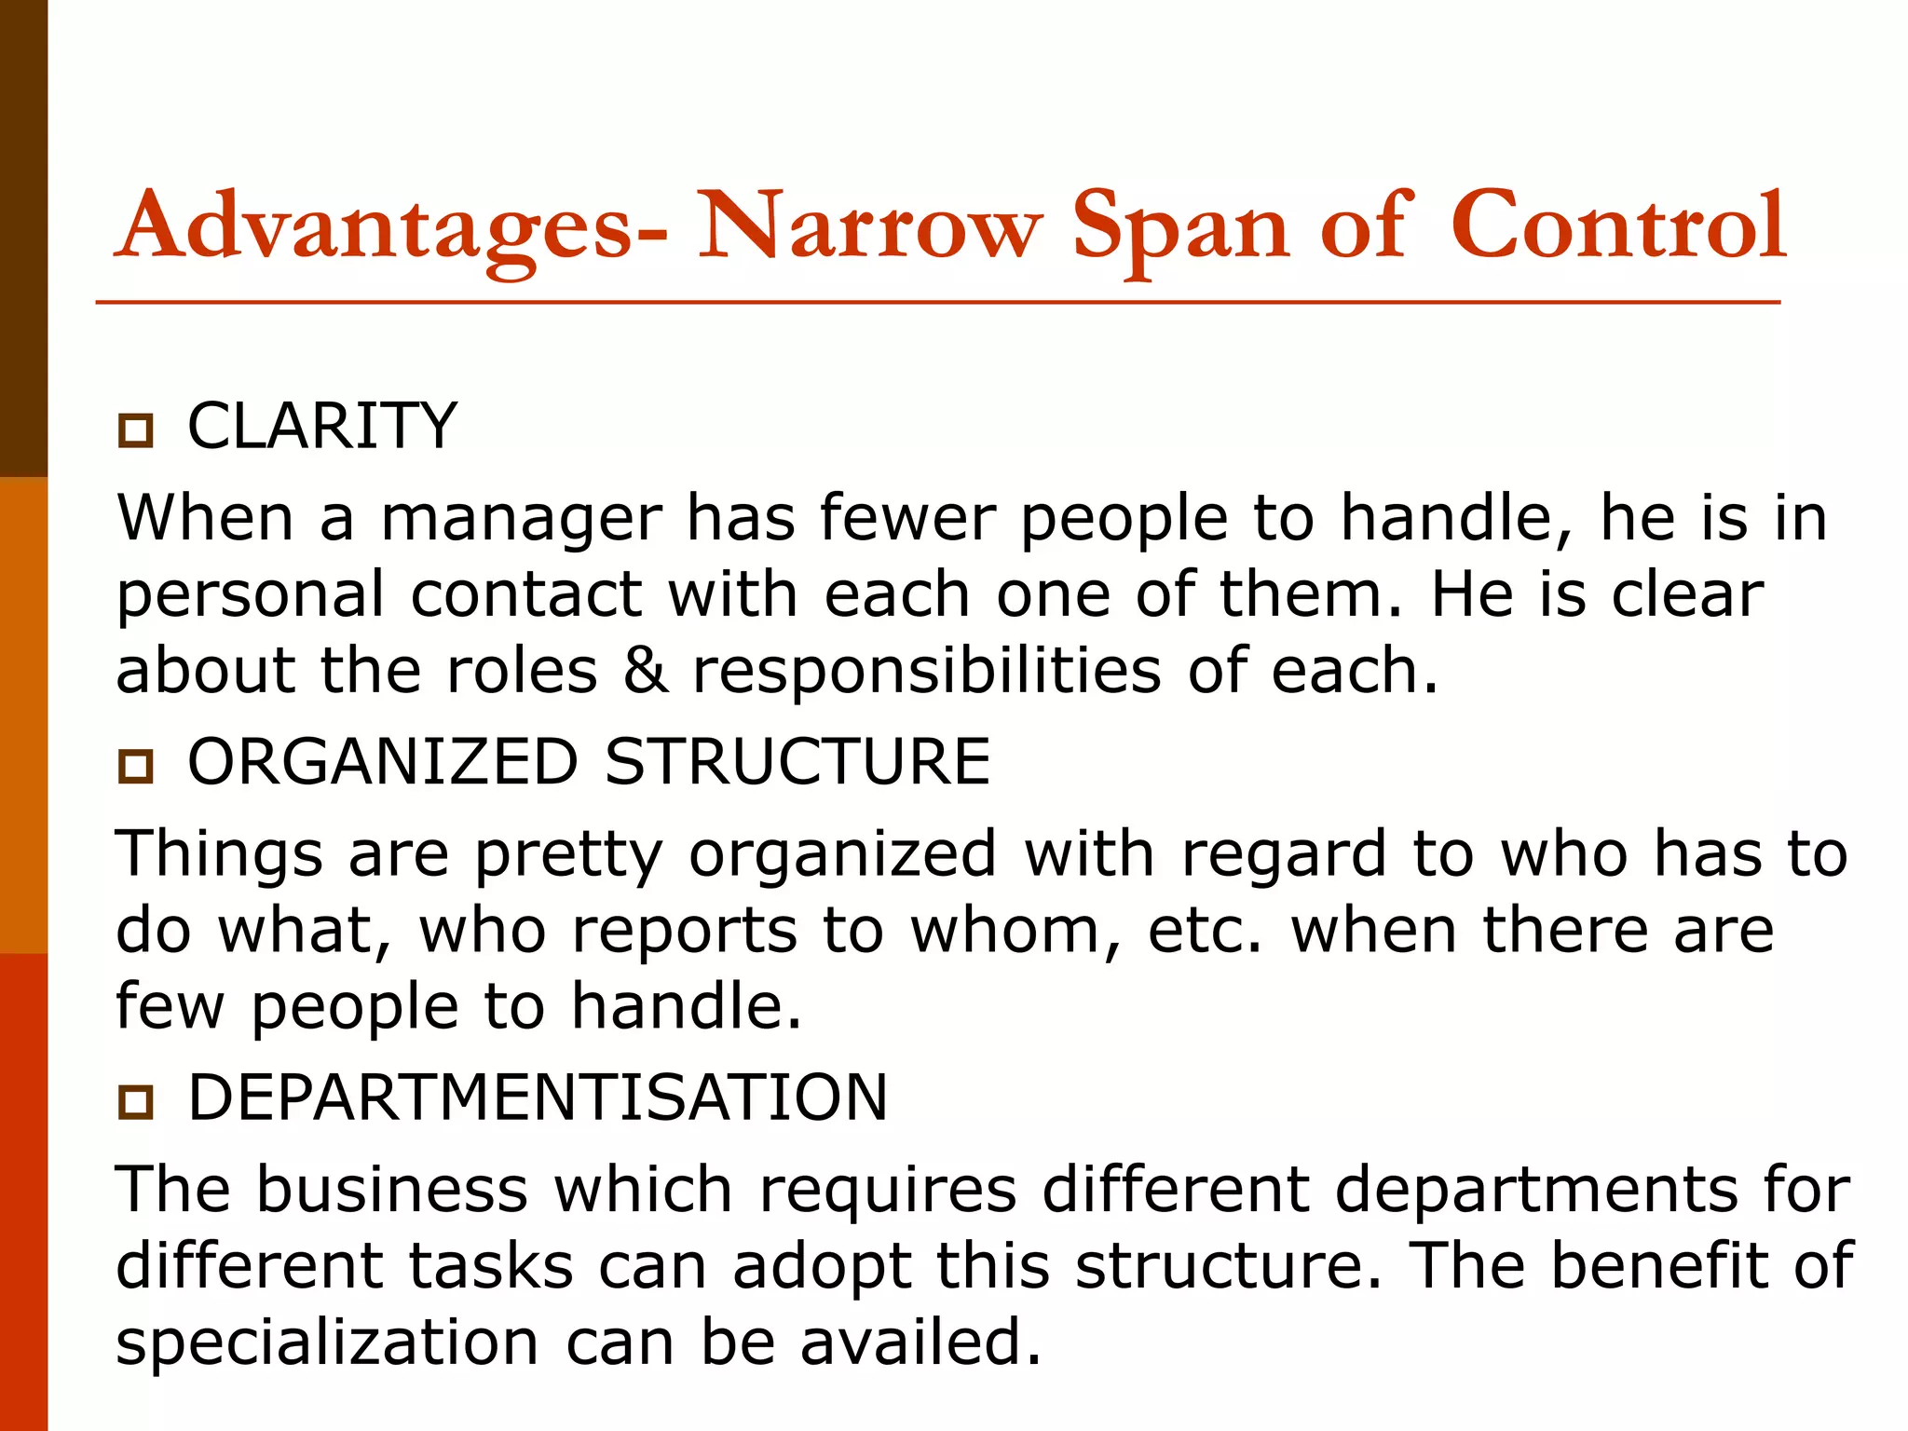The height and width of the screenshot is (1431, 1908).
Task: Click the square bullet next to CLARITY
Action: pyautogui.click(x=135, y=430)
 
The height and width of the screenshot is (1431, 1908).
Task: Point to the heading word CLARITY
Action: pyautogui.click(x=322, y=427)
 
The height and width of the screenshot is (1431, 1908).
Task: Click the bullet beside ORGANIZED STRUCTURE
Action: pyautogui.click(x=135, y=766)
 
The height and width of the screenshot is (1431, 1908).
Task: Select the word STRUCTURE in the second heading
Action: pyautogui.click(x=797, y=762)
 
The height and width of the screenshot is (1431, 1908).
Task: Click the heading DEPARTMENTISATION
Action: pyautogui.click(x=538, y=1097)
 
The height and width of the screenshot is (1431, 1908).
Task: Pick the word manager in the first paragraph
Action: pyautogui.click(x=522, y=518)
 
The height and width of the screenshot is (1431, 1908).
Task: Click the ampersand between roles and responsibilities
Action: pyautogui.click(x=645, y=671)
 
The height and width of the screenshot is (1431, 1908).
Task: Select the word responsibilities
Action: pyautogui.click(x=926, y=671)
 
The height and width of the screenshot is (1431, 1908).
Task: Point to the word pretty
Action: pyautogui.click(x=568, y=855)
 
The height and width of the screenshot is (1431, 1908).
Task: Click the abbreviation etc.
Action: pyautogui.click(x=1205, y=931)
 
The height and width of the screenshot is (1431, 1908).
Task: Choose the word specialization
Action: pyautogui.click(x=327, y=1342)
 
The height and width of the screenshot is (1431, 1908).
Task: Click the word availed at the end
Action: pyautogui.click(x=920, y=1342)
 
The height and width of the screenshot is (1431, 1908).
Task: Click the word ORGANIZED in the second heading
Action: pyautogui.click(x=383, y=762)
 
